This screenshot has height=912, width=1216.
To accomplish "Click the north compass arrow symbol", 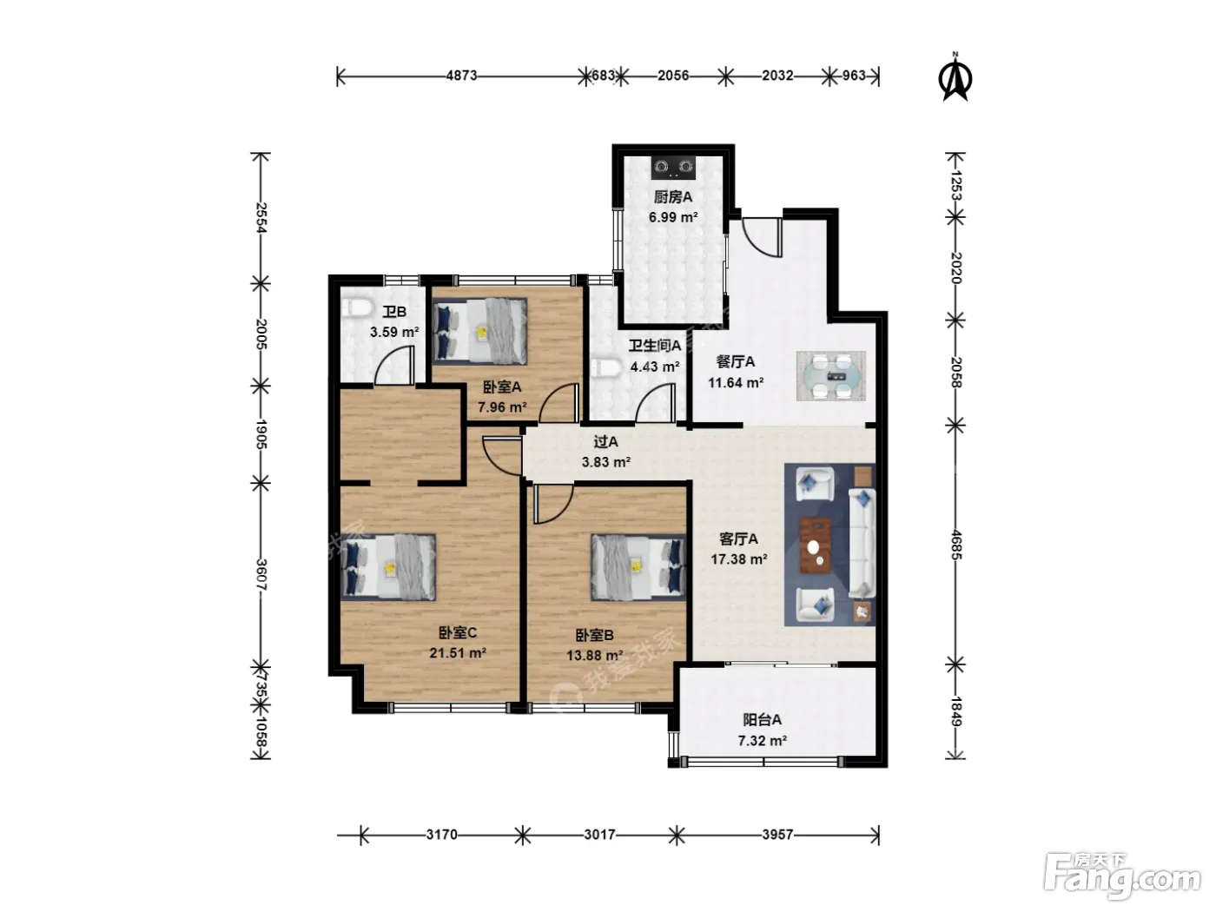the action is coord(955,78).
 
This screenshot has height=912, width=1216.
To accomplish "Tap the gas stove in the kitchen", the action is coord(673,168).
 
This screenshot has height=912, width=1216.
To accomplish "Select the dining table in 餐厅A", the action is coord(831,375).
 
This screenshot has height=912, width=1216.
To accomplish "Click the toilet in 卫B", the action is coord(355,307).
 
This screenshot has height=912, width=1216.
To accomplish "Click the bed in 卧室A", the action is coord(479,331).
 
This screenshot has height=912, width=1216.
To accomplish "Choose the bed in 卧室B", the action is coord(638,567).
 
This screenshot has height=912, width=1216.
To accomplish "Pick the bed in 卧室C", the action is coord(387,567).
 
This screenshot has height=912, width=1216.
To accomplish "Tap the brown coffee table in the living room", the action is coord(815,545).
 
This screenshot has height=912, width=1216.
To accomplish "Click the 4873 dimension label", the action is coord(461,76).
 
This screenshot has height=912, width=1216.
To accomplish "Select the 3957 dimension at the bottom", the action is coord(777,834).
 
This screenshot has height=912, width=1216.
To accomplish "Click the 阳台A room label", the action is coord(763,719).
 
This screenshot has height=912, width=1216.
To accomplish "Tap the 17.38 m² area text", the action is coord(738,559).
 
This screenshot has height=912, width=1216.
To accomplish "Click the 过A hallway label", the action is coord(605,441).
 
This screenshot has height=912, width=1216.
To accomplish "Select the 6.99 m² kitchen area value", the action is coord(673,217).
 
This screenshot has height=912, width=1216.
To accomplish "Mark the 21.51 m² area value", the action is coord(458,653).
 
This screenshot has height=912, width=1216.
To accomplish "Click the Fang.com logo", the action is coord(1122,876).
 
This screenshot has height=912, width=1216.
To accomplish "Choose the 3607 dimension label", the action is coord(261,575).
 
